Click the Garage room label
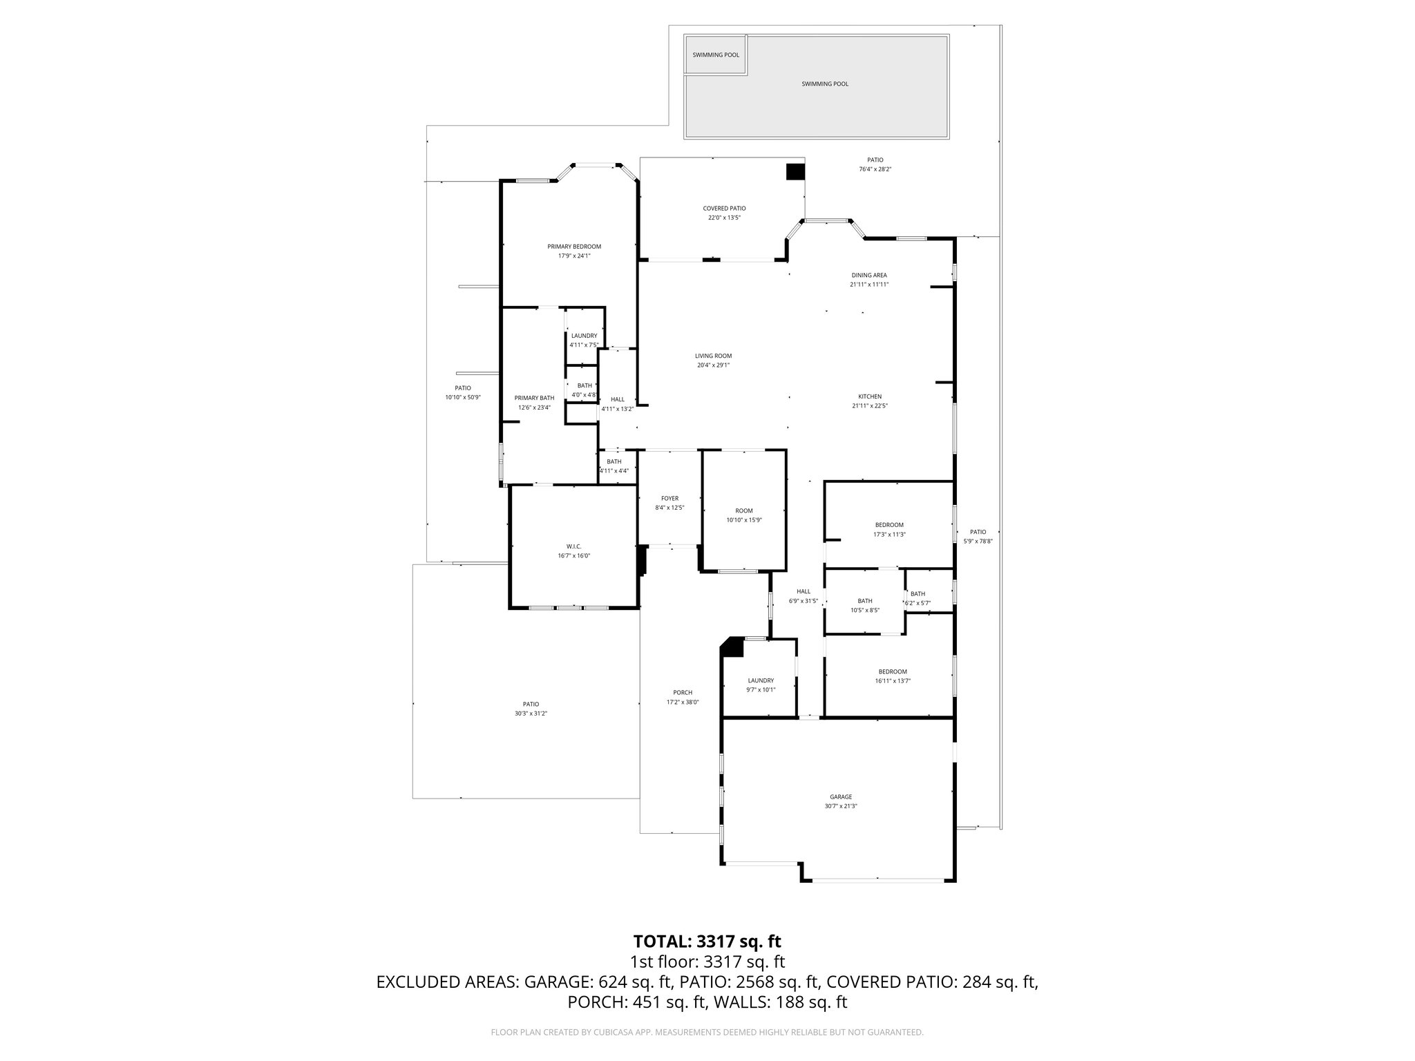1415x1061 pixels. click(x=841, y=796)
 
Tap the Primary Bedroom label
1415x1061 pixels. click(x=574, y=247)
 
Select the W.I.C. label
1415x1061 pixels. click(x=573, y=546)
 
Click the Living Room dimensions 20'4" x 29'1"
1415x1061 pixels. click(x=713, y=365)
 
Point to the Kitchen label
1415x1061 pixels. click(x=870, y=396)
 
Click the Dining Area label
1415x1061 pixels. click(x=869, y=275)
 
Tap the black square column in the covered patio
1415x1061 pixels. click(x=795, y=172)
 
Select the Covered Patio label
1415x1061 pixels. click(x=724, y=208)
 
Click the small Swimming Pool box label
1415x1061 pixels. click(x=716, y=55)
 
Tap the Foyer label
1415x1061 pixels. click(x=669, y=498)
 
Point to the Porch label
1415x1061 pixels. click(x=683, y=693)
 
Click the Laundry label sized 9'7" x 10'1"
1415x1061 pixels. click(x=761, y=680)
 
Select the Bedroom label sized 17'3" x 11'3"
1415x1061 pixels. click(x=889, y=525)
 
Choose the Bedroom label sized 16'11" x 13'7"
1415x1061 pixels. click(x=893, y=671)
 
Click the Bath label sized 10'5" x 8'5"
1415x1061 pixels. click(x=865, y=601)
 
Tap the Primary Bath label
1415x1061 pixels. click(x=534, y=398)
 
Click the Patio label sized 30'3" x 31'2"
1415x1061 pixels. click(x=531, y=704)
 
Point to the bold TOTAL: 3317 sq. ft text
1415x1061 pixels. click(x=707, y=941)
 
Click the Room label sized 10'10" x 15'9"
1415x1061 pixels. click(x=744, y=510)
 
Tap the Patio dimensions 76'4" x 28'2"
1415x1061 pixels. click(x=875, y=169)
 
